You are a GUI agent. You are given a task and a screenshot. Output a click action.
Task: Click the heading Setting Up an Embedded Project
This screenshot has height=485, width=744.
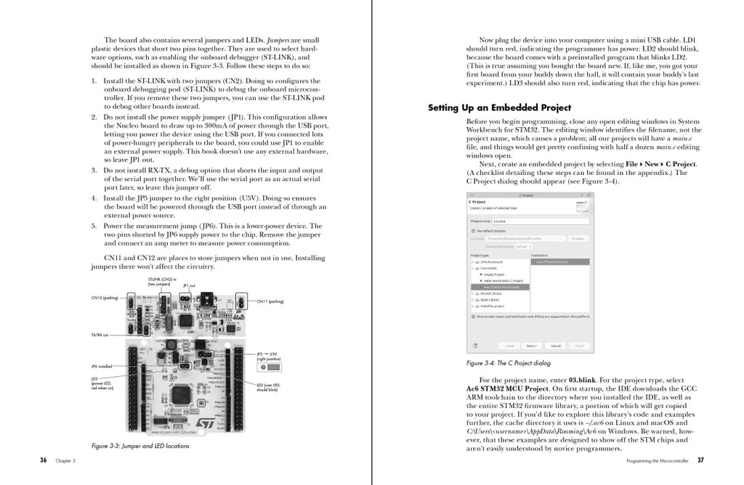pos(499,107)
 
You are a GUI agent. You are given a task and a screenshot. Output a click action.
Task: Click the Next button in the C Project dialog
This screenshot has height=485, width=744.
pos(532,346)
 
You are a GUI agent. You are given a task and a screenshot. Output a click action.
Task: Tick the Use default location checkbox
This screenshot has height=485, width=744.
pos(474,230)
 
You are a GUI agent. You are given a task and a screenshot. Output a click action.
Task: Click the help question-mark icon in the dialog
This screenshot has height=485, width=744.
pos(476,346)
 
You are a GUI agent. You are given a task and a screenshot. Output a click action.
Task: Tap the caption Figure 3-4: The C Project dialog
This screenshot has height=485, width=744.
pos(508,363)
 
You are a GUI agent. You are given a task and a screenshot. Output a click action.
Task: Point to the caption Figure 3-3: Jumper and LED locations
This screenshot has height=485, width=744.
pos(140,446)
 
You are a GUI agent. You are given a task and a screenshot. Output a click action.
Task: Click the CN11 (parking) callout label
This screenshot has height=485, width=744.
pos(270,301)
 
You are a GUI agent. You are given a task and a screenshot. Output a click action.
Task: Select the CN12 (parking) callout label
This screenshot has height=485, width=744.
pos(105,298)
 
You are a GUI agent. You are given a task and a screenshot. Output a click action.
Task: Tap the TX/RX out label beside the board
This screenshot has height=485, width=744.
pos(100,335)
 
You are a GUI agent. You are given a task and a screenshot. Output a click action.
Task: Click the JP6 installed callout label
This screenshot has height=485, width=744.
pos(102,367)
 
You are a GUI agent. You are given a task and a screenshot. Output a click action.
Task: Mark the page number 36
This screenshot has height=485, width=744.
pos(44,460)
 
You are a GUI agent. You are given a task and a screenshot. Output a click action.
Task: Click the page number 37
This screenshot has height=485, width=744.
pos(700,460)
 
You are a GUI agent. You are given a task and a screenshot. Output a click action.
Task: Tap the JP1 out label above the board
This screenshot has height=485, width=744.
pos(189,285)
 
